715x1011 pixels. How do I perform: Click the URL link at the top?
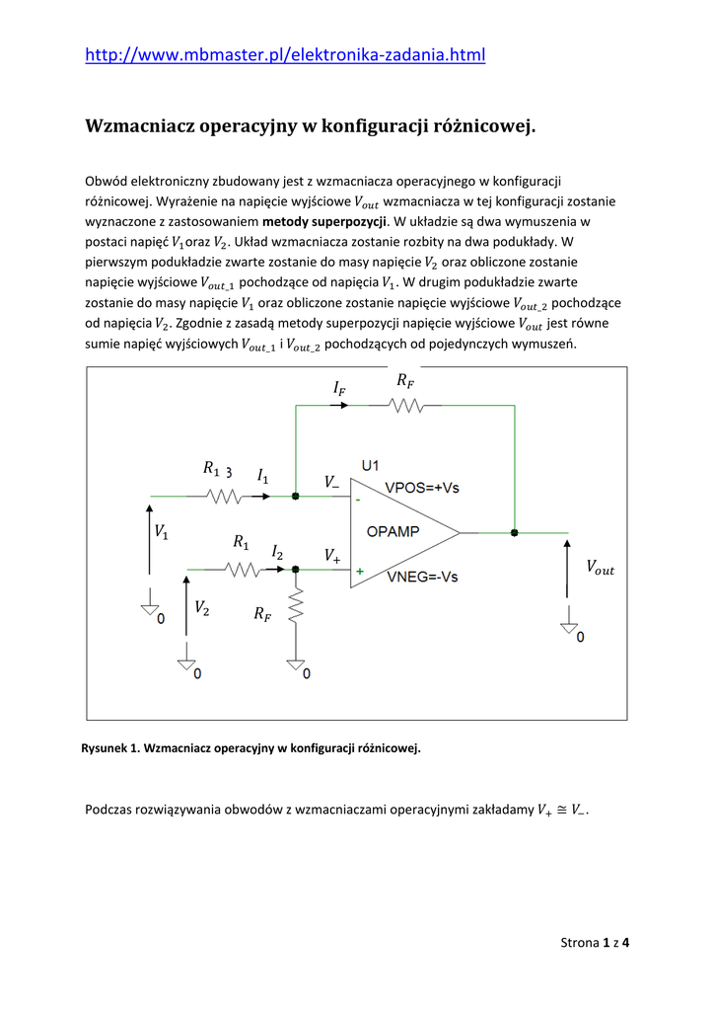tap(285, 55)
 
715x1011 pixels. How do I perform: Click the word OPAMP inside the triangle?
tap(393, 531)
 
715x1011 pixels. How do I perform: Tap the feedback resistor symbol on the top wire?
tap(403, 405)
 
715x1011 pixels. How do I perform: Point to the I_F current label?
tap(340, 390)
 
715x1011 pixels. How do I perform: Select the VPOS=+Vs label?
tap(421, 488)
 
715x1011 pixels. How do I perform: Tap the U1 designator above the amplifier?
tap(372, 464)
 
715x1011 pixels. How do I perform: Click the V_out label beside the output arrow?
tap(600, 568)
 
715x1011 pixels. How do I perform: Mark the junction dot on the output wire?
tap(514, 532)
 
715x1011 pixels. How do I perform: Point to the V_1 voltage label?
tap(161, 531)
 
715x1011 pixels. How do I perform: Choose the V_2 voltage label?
tap(201, 607)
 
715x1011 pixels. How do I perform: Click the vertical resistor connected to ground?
tap(296, 607)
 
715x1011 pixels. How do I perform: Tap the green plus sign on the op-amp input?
tap(360, 571)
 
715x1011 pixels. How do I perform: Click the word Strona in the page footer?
tap(579, 942)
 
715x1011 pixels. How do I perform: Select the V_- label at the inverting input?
tap(331, 482)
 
